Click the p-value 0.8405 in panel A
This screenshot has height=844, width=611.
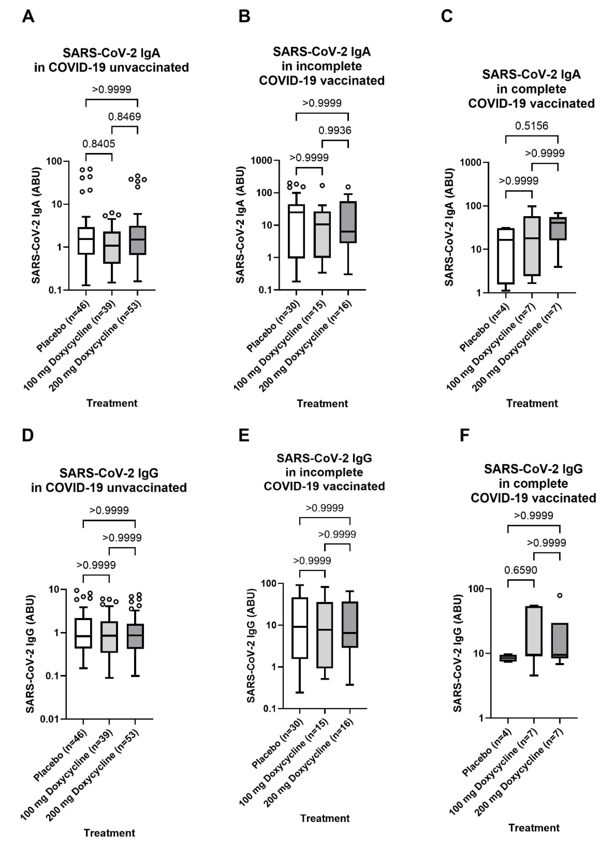coord(99,144)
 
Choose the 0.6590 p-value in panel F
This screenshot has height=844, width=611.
coord(521,570)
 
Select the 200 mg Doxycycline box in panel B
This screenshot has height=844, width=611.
coord(348,222)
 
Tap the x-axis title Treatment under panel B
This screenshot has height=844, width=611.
coord(322,403)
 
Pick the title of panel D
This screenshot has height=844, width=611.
coord(109,480)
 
